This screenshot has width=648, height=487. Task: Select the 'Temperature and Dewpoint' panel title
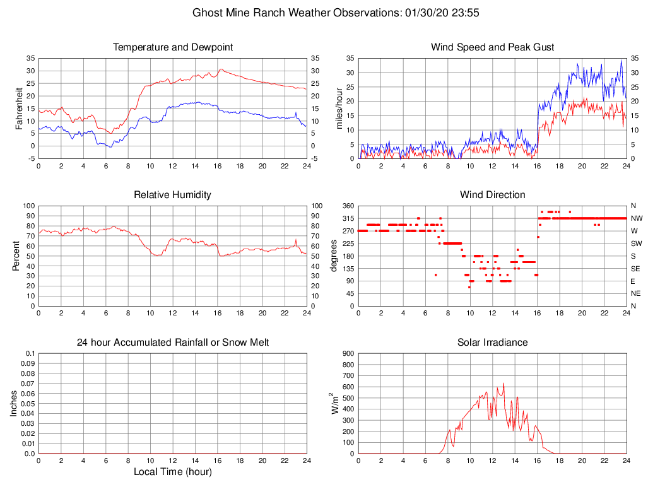click(173, 47)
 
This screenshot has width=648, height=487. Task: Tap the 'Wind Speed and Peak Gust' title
click(492, 47)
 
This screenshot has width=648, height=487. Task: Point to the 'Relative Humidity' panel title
click(173, 195)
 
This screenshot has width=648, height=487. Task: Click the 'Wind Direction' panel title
click(492, 195)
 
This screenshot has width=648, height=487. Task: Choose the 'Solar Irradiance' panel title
click(492, 343)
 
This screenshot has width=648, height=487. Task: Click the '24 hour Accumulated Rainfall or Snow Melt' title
click(173, 343)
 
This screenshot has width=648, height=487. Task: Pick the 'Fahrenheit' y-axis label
click(18, 108)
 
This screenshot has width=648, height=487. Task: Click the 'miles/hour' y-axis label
click(339, 108)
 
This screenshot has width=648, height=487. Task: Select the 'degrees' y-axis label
click(334, 255)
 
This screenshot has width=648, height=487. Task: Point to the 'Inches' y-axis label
click(14, 403)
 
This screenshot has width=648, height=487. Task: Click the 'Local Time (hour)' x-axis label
click(173, 472)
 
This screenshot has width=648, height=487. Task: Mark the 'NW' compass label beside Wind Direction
click(637, 218)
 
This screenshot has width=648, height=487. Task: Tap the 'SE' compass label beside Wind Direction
click(635, 268)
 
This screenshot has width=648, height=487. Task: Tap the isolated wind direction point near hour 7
click(435, 274)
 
